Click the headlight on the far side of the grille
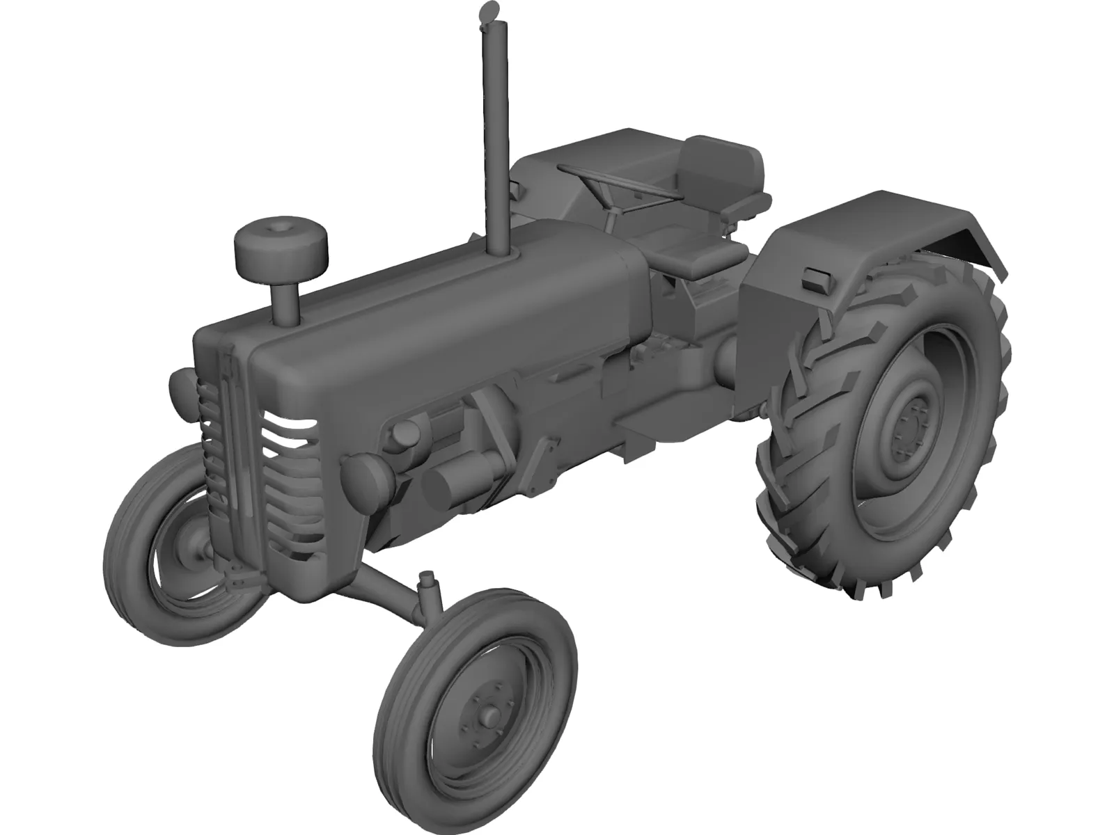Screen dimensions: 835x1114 point(180,388)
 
